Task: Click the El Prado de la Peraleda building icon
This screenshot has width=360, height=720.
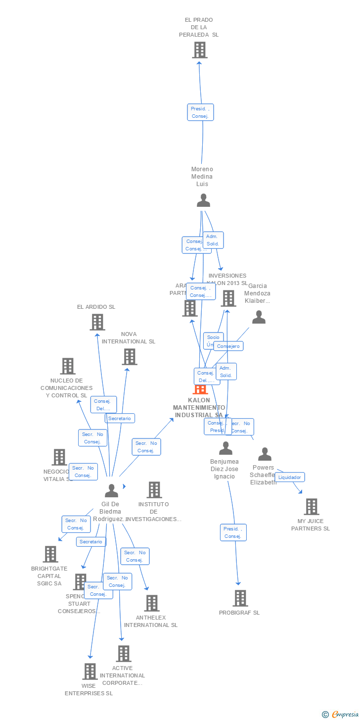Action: coord(199,50)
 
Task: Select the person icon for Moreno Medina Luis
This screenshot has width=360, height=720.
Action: coord(203,200)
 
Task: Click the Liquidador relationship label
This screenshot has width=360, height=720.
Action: coord(290,477)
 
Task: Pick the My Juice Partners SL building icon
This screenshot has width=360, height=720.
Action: coord(311,507)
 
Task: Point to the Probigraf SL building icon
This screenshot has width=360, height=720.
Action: coord(240,598)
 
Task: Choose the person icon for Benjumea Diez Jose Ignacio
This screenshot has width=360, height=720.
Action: coord(225,448)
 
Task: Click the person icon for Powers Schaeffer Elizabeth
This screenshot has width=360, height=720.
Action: coord(265,454)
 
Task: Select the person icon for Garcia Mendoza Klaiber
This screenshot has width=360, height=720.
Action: coord(259,317)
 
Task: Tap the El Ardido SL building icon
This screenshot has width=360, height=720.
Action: coord(97,322)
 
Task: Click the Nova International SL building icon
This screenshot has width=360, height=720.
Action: coord(129,357)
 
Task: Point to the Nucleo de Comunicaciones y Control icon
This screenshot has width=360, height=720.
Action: coord(67,366)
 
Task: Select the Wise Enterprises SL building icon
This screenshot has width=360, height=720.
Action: coord(90,672)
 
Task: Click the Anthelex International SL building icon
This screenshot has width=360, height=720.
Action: coord(151,603)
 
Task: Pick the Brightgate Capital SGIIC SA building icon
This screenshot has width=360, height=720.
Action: coord(50,554)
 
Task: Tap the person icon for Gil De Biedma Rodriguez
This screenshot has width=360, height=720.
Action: coord(112,491)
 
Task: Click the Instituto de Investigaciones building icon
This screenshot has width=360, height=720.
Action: coord(154,490)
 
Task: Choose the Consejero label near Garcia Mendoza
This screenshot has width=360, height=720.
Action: coord(228,346)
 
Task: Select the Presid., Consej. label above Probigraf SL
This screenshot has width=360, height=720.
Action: coord(233,532)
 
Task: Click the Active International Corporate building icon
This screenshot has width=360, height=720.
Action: coord(123,654)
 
